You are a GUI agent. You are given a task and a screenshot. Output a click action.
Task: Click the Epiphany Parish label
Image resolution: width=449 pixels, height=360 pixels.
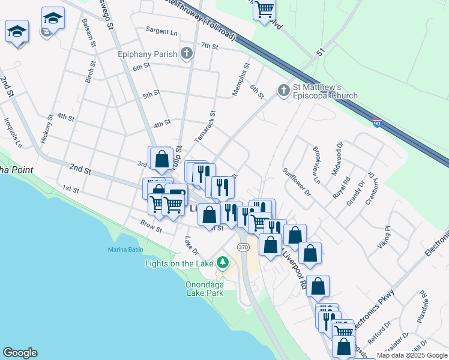tap(147, 54)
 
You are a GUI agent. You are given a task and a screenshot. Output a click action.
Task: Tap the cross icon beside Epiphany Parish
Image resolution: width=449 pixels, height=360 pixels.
tap(187, 54)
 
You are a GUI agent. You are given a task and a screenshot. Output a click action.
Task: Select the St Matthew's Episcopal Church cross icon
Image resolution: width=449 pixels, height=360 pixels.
tap(284, 91)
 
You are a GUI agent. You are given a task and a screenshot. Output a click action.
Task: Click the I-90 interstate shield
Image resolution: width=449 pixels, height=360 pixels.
tap(376, 123)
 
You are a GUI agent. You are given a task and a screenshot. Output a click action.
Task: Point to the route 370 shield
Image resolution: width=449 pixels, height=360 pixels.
tap(243, 247)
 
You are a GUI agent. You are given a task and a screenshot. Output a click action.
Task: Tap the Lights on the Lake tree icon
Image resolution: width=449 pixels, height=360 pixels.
tap(223, 263)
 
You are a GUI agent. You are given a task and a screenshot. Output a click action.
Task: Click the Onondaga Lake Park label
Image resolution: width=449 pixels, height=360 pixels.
tap(197, 289)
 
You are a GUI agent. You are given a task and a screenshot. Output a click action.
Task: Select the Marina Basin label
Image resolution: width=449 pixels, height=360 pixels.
tap(123, 249)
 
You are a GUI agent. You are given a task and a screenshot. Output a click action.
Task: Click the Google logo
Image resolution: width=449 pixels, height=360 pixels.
tap(20, 353)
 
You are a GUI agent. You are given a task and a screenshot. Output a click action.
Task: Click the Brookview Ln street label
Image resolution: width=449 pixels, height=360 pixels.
tap(315, 164)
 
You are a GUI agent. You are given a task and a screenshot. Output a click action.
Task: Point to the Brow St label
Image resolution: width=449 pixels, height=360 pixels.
tap(151, 226)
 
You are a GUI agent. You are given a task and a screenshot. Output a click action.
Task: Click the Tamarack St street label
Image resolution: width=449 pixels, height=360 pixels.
tap(205, 126)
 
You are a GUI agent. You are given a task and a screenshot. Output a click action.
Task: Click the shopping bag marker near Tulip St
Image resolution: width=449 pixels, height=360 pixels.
tap(161, 160)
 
